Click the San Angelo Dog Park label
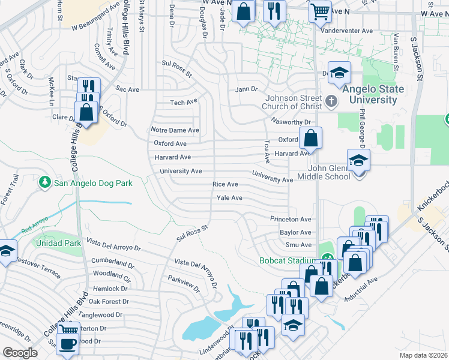tap(92, 182)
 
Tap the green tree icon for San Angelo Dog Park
tap(44, 181)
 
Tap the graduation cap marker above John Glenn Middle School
tap(359, 160)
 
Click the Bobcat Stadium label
tap(288, 260)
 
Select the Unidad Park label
tap(58, 244)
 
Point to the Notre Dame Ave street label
tap(175, 130)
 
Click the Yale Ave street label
tap(229, 197)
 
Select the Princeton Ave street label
tap(291, 219)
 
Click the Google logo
tap(20, 353)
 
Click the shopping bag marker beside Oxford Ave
tap(311, 139)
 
